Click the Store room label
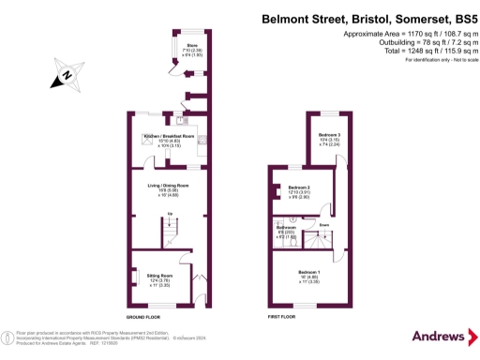pyautogui.click(x=192, y=45)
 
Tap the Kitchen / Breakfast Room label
pyautogui.click(x=169, y=137)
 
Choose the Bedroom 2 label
pyautogui.click(x=299, y=187)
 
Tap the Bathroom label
pyautogui.click(x=286, y=228)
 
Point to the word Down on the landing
pyautogui.click(x=323, y=225)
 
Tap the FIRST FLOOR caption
pyautogui.click(x=281, y=318)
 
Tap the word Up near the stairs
pyautogui.click(x=170, y=215)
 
